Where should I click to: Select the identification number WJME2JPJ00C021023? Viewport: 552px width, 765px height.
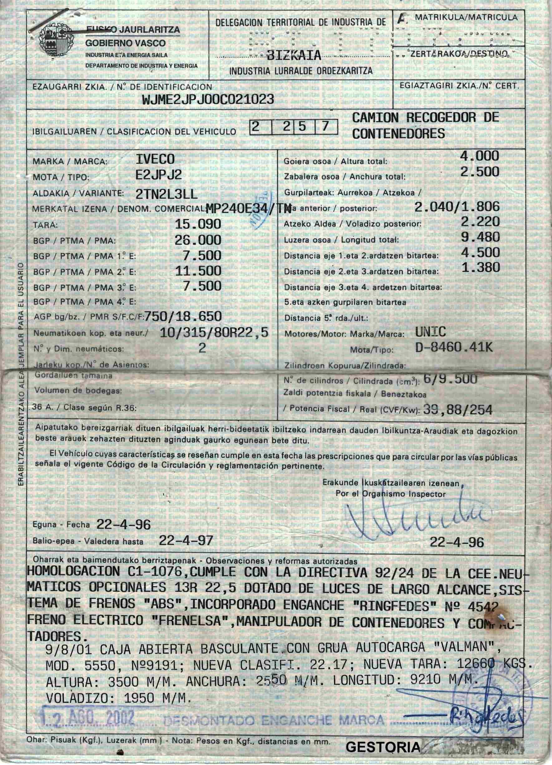[x=208, y=99]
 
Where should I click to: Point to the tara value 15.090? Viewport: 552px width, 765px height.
[x=198, y=224]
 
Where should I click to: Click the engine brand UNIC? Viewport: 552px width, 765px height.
[x=431, y=332]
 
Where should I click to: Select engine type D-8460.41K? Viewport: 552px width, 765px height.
[x=454, y=348]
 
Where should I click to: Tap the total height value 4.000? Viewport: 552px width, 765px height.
[x=480, y=156]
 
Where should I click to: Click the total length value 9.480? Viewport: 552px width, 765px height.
[x=481, y=237]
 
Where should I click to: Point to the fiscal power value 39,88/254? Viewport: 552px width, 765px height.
[x=457, y=410]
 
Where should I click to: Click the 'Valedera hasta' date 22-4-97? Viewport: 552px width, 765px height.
[x=186, y=541]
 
